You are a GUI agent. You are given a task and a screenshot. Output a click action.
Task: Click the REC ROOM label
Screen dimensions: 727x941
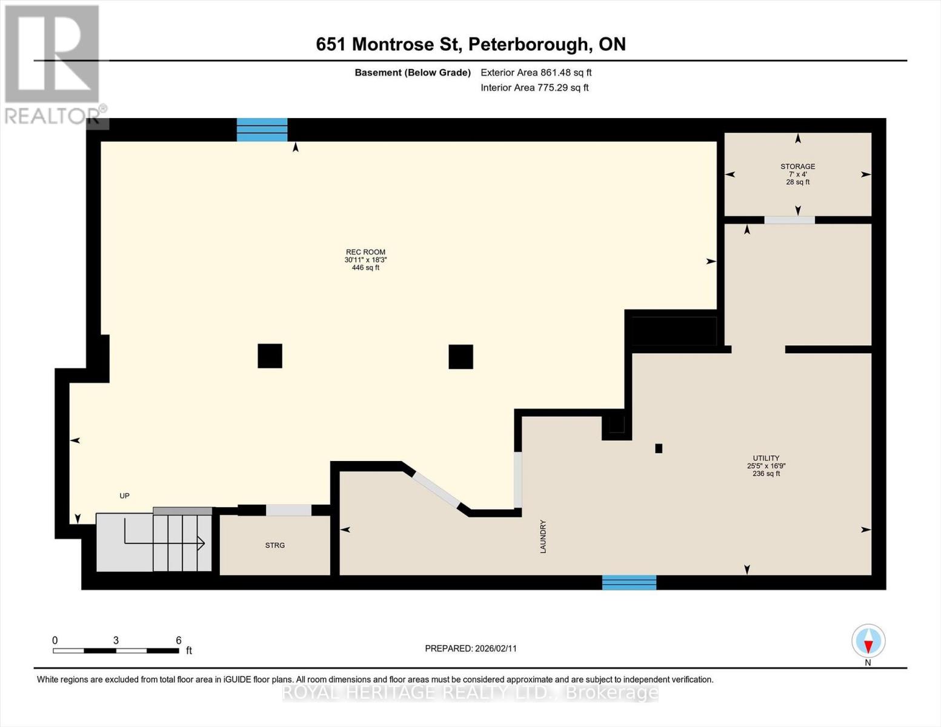pos(365,252)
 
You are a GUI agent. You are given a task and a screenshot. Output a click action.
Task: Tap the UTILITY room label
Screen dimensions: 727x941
pos(766,458)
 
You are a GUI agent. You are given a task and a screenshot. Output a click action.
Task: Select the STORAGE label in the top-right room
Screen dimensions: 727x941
pos(797,167)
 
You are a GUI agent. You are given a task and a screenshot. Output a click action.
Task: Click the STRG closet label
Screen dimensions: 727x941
pos(274,545)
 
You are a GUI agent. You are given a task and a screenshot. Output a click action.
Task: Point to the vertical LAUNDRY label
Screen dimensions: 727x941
pos(543,536)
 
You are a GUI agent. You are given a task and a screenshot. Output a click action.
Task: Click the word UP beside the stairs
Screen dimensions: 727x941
pos(124,496)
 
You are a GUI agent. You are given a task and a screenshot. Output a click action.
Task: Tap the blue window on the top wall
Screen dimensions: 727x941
pos(262,130)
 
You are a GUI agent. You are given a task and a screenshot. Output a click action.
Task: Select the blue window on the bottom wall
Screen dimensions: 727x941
pos(629,582)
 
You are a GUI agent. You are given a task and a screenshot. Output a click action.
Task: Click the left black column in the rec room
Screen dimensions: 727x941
pos(270,356)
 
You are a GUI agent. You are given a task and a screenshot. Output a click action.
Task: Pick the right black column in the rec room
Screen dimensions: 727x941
pos(461,357)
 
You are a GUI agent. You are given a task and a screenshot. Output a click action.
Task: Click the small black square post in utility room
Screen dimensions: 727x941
pos(659,448)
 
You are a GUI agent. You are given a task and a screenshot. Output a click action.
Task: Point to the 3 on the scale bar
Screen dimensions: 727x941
pos(116,640)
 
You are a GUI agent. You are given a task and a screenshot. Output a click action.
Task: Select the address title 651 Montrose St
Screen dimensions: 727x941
pos(470,44)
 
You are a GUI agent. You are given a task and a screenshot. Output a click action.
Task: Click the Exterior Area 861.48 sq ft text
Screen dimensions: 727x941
pos(536,73)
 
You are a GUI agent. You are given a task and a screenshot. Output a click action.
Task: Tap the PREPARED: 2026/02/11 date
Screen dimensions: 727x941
pos(471,648)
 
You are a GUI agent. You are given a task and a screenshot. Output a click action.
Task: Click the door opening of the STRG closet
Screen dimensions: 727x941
pos(289,510)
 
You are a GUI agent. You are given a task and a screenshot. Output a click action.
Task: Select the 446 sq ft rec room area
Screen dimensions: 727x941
pos(365,268)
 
